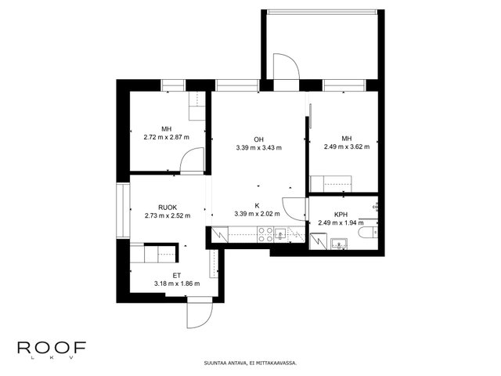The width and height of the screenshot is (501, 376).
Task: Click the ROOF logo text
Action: [x=52, y=348]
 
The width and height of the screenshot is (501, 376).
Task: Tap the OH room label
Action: [x=258, y=139]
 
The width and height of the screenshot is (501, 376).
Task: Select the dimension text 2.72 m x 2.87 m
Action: [x=167, y=138]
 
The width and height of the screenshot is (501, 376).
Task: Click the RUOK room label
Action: [x=168, y=208]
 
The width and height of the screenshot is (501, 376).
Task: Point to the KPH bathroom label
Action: [x=341, y=215]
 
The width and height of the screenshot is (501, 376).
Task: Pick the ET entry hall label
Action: [x=177, y=275]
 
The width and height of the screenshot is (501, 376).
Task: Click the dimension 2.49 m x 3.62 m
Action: [x=347, y=146]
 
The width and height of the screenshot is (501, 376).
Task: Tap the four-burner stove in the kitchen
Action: [x=265, y=234]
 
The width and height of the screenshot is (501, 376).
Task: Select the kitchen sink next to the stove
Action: [x=280, y=235]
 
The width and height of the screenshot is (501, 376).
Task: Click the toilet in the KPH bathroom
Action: [x=368, y=232]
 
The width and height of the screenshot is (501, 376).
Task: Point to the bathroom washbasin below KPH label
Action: [x=339, y=244]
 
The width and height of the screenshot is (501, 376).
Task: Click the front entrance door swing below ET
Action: [x=200, y=315]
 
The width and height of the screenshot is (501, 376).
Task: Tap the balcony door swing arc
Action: [x=286, y=66]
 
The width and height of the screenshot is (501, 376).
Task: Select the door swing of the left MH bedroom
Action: [x=192, y=161]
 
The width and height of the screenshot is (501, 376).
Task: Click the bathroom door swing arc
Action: [x=294, y=209]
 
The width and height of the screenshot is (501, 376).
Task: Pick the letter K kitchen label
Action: [x=257, y=205]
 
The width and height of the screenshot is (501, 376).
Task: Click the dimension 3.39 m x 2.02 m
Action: [x=257, y=214]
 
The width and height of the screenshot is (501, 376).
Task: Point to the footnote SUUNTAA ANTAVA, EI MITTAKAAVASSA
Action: [x=250, y=363]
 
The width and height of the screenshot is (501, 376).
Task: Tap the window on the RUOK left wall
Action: [x=123, y=211]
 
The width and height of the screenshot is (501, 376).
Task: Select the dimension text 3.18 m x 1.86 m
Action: [x=177, y=284]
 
